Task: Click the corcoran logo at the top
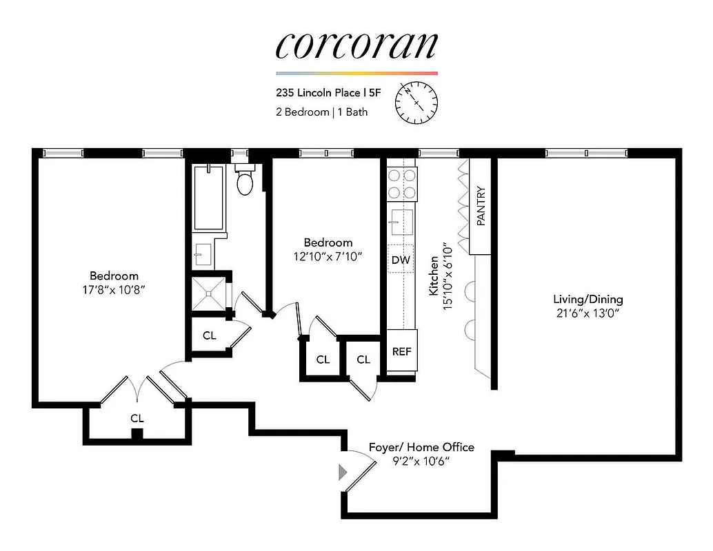point(356,45)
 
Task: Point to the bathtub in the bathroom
point(209,198)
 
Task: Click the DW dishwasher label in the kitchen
point(401,260)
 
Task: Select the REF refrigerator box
point(401,351)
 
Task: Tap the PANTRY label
point(481,207)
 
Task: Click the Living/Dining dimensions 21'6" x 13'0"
point(588,313)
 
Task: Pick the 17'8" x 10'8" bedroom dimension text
point(113,290)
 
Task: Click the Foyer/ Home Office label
point(421,447)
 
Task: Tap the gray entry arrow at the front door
point(343,472)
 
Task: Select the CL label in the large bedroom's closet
point(137,418)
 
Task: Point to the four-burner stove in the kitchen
point(401,184)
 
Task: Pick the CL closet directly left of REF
point(363,360)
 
